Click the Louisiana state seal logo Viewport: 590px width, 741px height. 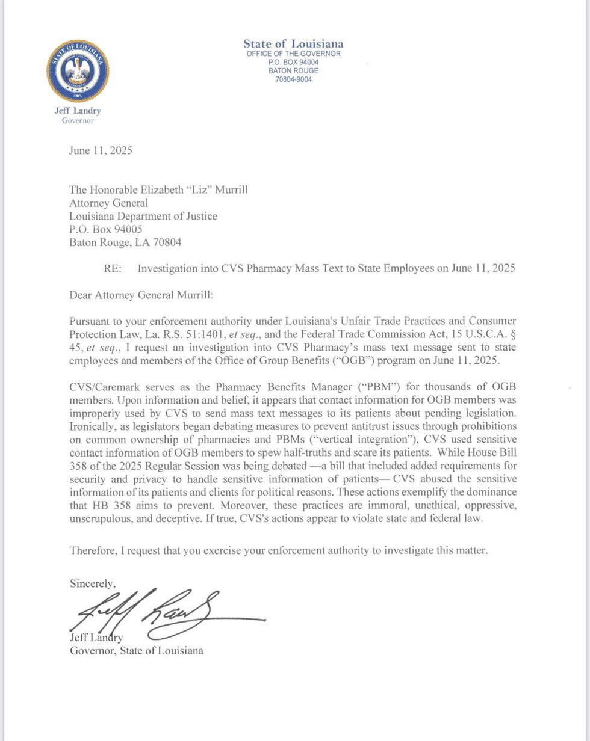tap(78, 71)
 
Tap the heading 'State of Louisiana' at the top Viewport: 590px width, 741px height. tap(293, 43)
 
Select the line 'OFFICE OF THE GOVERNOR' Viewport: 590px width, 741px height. tap(293, 54)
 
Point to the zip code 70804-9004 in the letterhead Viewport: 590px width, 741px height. tap(293, 79)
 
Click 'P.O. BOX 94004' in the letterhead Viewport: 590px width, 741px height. tap(293, 62)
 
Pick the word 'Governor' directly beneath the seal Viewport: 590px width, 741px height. tap(78, 120)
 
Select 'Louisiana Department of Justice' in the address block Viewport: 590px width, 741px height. tap(143, 216)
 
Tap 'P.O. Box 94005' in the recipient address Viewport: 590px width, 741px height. tap(105, 229)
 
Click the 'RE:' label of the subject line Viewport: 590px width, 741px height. tap(113, 268)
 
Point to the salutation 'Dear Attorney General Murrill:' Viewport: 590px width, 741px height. tap(141, 295)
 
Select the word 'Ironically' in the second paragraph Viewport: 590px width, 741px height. tap(90, 426)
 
